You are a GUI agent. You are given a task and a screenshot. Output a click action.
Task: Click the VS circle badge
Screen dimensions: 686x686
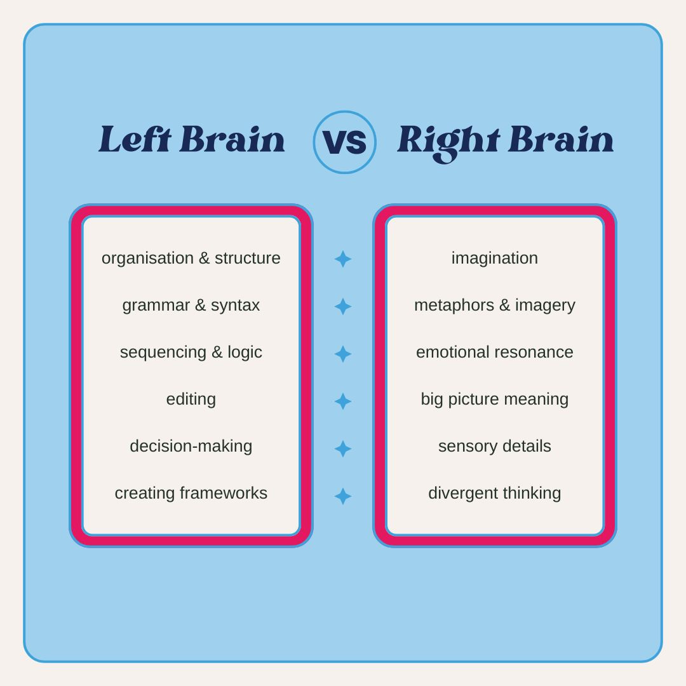pyautogui.click(x=344, y=142)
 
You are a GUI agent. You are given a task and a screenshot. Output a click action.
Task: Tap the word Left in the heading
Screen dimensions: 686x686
pyautogui.click(x=135, y=140)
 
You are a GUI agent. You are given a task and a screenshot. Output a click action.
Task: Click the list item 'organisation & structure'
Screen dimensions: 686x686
pyautogui.click(x=191, y=259)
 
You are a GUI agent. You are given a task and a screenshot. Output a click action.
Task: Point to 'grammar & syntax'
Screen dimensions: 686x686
pyautogui.click(x=191, y=306)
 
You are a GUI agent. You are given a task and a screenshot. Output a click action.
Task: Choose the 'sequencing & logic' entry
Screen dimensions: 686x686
pyautogui.click(x=191, y=353)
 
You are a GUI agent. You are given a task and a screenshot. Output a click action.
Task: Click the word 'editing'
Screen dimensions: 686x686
pyautogui.click(x=191, y=400)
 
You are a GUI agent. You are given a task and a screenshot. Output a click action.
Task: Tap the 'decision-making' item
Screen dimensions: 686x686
pyautogui.click(x=191, y=446)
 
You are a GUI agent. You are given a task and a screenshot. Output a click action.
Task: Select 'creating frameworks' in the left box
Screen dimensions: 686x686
pyautogui.click(x=191, y=493)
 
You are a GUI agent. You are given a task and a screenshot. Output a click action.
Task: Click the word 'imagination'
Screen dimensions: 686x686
pyautogui.click(x=494, y=259)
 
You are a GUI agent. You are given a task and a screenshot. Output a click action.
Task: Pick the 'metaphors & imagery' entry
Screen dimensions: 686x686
pyautogui.click(x=494, y=306)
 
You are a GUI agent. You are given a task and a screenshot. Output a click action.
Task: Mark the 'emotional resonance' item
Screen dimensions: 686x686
pyautogui.click(x=494, y=353)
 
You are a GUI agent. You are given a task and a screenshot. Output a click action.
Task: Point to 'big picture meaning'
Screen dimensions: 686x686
pyautogui.click(x=494, y=400)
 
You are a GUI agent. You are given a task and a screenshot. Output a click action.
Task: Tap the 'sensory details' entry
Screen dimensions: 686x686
pyautogui.click(x=494, y=446)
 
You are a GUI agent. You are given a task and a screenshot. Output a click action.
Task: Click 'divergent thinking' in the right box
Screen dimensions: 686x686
pyautogui.click(x=494, y=493)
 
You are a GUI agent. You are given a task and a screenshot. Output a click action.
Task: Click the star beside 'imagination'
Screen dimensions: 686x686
pyautogui.click(x=343, y=259)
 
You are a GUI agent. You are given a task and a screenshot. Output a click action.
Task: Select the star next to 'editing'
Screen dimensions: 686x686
pyautogui.click(x=343, y=401)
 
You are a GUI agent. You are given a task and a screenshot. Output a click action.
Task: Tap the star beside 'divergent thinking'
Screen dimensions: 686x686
pyautogui.click(x=343, y=496)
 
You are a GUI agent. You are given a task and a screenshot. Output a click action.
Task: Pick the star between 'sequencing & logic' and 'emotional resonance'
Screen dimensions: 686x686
pyautogui.click(x=343, y=354)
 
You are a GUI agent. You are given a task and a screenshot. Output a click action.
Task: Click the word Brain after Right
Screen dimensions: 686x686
pyautogui.click(x=560, y=140)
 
